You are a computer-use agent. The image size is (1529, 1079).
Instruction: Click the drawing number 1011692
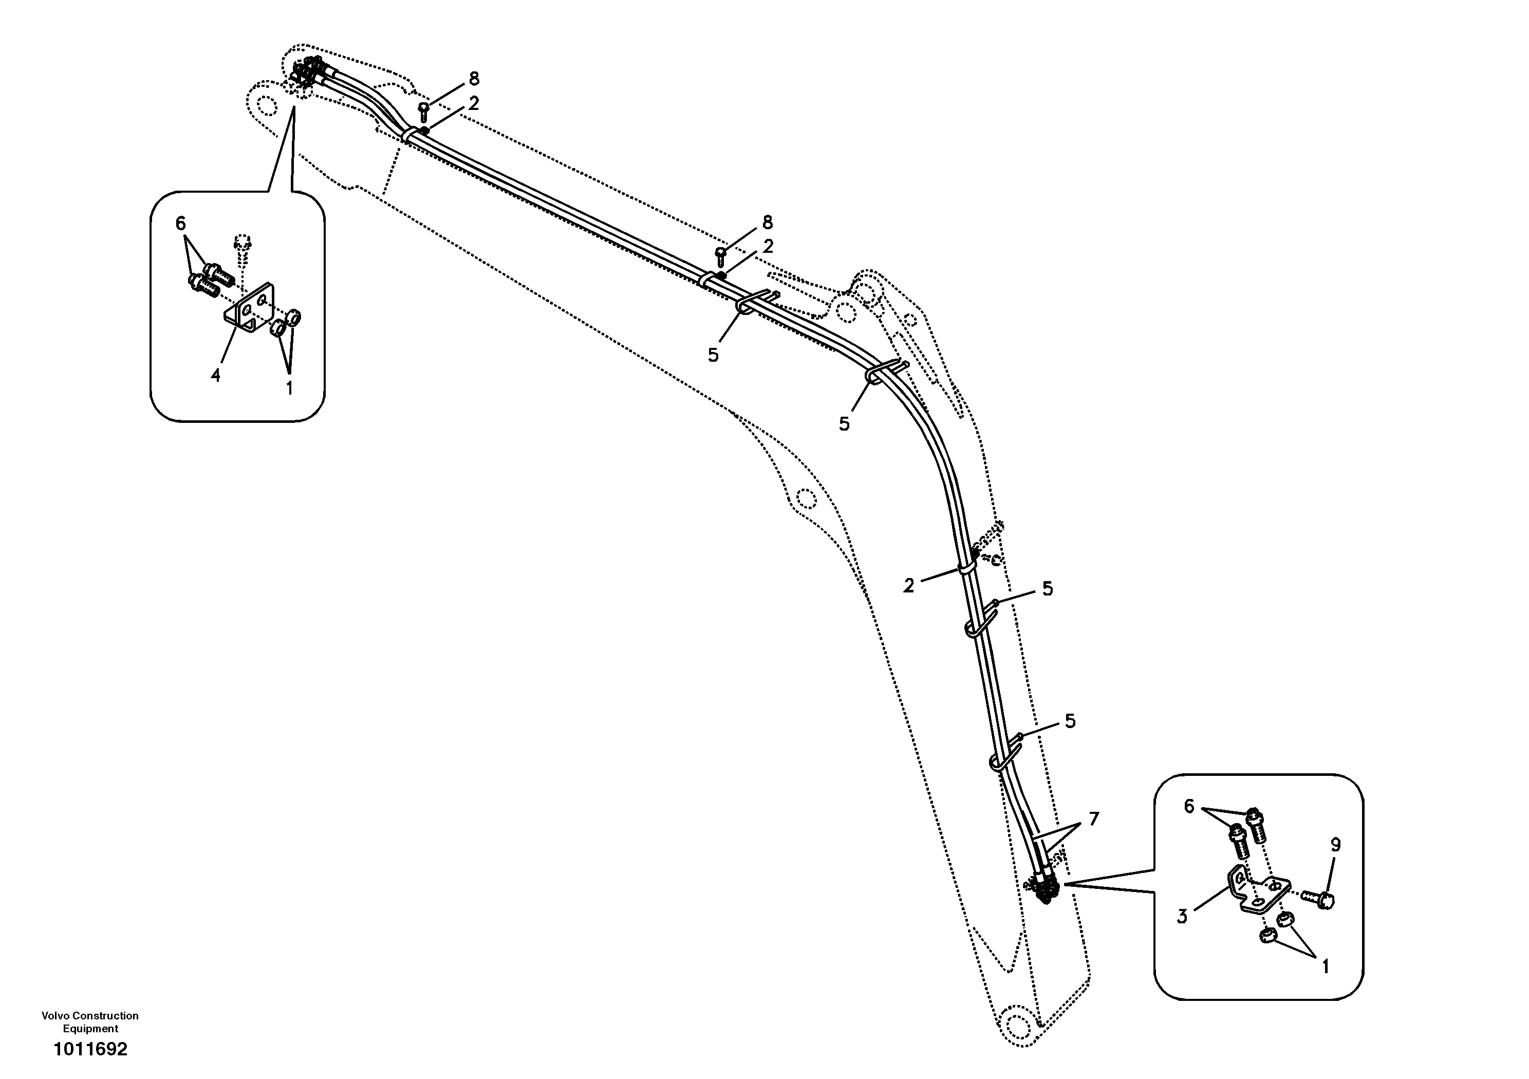point(90,1049)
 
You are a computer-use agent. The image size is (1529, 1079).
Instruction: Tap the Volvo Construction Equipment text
point(90,1022)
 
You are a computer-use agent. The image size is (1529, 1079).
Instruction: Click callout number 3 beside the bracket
point(1182,917)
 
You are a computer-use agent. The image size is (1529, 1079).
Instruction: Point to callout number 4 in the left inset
point(215,376)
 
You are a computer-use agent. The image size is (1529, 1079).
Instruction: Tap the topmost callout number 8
point(474,79)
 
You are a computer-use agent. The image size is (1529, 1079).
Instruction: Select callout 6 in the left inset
point(180,224)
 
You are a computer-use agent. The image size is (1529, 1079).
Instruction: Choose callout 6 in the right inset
point(1189,807)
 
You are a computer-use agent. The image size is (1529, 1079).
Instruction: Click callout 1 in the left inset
point(289,387)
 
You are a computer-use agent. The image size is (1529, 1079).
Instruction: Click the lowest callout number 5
point(1070,721)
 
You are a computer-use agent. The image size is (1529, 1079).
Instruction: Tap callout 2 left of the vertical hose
point(909,585)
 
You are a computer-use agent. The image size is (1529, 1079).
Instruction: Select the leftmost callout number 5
point(713,355)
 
